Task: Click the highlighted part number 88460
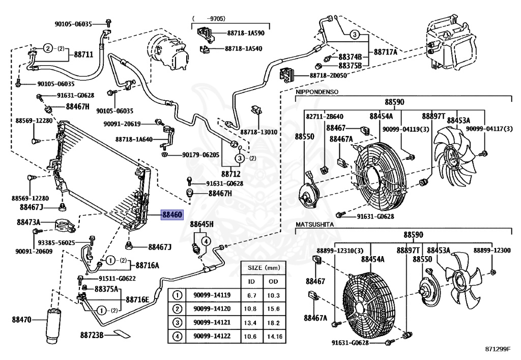tap(172, 215)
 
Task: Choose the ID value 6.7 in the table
tap(251, 295)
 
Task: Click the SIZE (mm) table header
tap(263, 267)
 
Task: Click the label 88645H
tap(201, 225)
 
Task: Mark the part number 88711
tap(83, 53)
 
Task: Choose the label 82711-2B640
tap(325, 117)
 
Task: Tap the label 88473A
tap(28, 222)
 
